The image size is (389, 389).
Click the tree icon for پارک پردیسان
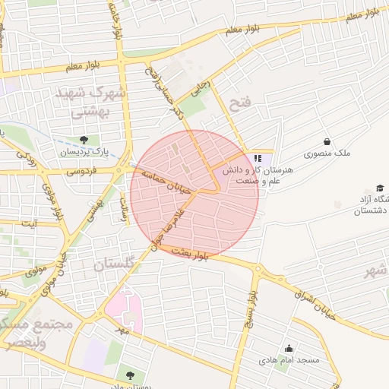(x=84, y=140)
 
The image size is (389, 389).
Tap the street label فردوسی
(x=81, y=172)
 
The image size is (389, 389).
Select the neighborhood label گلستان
(x=119, y=264)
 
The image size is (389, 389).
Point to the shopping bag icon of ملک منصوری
(x=327, y=141)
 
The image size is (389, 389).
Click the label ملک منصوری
(x=327, y=153)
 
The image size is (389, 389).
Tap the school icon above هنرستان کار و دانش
(x=258, y=158)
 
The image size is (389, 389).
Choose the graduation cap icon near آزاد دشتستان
(x=379, y=188)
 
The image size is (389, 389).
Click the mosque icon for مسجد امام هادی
(x=288, y=348)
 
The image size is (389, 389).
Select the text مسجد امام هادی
(x=287, y=359)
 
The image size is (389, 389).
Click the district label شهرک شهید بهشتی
(x=85, y=102)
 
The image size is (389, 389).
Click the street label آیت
(x=30, y=223)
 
